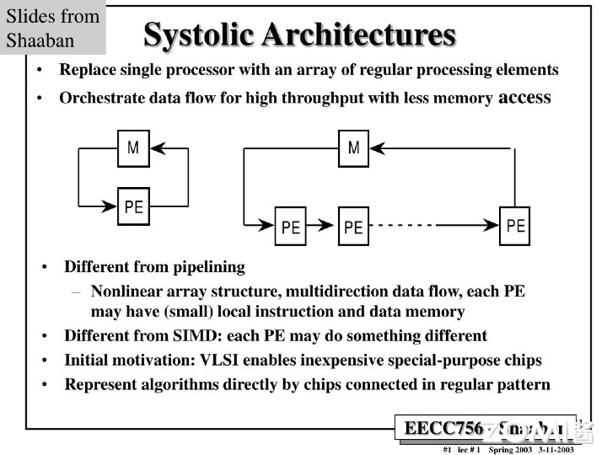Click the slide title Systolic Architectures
[299, 35]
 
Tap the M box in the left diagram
[133, 149]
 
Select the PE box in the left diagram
[133, 206]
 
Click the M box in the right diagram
[354, 149]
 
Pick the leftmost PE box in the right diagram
[291, 227]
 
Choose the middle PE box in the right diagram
[354, 227]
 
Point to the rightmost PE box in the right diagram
[515, 225]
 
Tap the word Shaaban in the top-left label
[40, 40]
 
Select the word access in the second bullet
[524, 97]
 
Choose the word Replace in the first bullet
[87, 69]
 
